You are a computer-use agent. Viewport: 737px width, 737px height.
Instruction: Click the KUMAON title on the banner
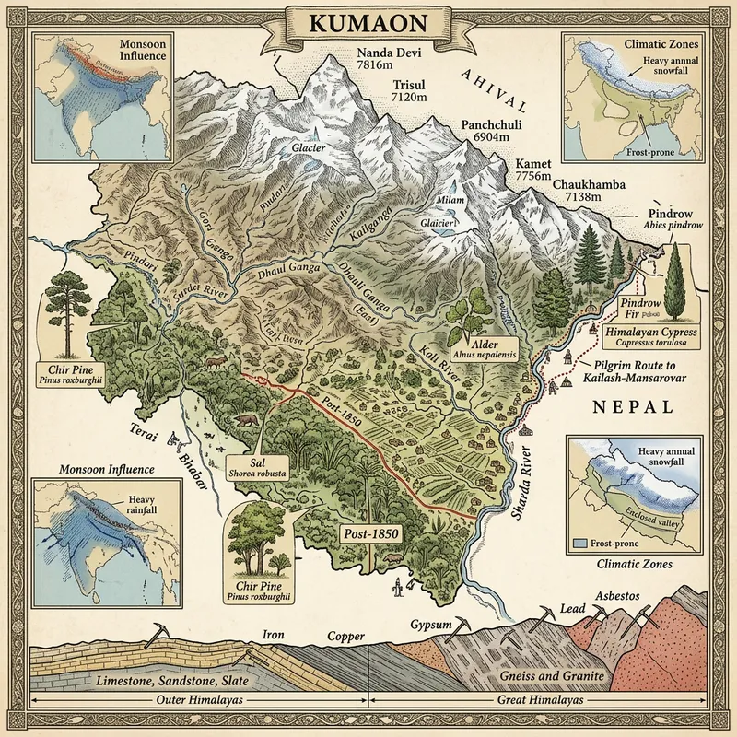pos(368,24)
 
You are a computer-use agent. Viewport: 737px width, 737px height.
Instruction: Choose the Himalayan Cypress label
pos(650,335)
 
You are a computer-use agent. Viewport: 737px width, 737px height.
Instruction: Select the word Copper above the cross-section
pos(346,637)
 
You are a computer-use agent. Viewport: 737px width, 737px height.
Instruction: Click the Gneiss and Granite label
pos(550,677)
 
